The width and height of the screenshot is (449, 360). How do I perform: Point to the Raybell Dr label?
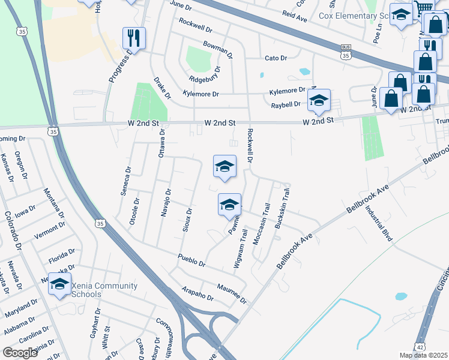[285, 104]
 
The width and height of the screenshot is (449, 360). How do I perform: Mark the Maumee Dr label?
[232, 294]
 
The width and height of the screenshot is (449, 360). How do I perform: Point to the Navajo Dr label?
[168, 203]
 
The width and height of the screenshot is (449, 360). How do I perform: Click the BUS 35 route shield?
[345, 52]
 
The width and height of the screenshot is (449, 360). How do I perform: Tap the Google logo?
[20, 353]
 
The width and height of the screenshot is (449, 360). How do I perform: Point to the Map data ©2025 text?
[423, 355]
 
